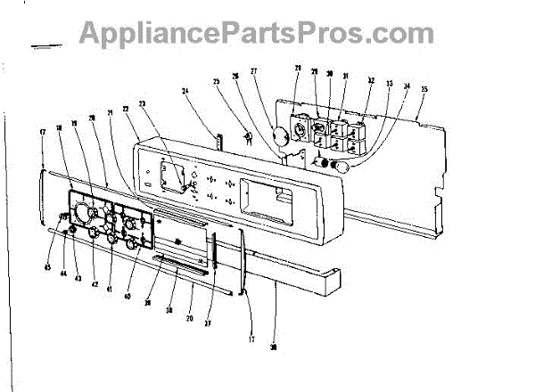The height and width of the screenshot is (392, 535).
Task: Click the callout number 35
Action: (424, 89)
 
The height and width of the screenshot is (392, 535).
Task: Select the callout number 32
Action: (370, 81)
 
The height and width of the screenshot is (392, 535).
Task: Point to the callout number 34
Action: (407, 87)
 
